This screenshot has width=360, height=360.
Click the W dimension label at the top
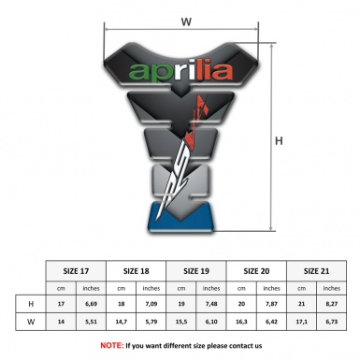186,19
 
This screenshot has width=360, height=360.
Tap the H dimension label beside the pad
278,141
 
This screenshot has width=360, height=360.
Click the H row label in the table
32,304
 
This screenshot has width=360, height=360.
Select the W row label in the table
32,323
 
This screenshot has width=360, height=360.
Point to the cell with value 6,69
92,304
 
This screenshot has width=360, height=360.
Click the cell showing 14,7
122,323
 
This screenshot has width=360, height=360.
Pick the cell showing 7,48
212,304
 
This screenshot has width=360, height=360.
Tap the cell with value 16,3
242,323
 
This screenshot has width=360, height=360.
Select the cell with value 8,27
332,304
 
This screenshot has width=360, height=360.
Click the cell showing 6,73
332,323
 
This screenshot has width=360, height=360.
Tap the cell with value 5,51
92,323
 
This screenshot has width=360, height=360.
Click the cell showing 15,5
182,323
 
